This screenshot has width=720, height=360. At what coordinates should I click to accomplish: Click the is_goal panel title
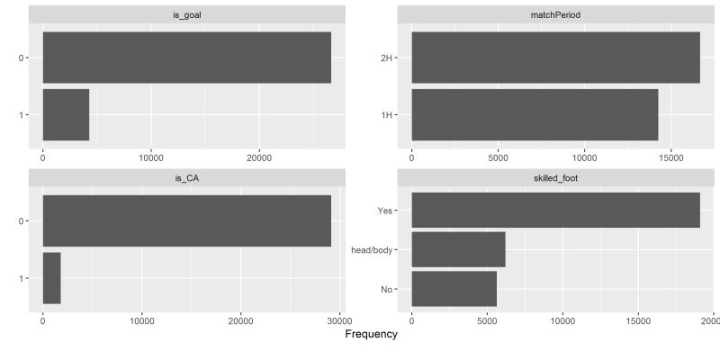click(186, 14)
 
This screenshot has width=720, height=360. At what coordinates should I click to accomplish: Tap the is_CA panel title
click(186, 178)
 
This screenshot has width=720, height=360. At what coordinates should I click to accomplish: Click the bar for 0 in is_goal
click(186, 58)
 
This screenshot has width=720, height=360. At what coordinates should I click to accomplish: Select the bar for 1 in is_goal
click(66, 114)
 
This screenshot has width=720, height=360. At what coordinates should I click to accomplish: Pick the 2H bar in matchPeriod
click(555, 58)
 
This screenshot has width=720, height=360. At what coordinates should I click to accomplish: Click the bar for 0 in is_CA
click(186, 220)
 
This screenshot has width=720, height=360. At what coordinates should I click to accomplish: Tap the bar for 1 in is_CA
click(51, 278)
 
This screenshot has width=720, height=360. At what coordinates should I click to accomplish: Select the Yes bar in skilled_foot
click(555, 210)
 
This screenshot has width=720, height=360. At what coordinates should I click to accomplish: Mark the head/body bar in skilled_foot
click(458, 249)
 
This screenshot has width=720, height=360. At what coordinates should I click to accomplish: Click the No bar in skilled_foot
click(454, 289)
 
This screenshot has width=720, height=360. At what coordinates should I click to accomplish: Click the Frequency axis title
click(371, 335)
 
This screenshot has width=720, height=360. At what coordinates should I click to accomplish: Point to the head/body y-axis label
click(375, 249)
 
